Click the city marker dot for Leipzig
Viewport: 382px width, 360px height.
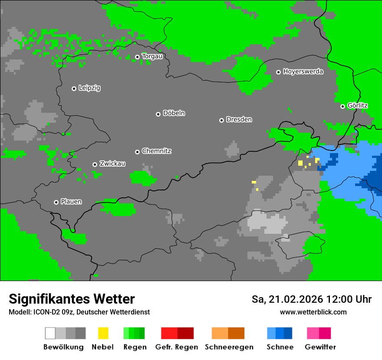tap(74, 88)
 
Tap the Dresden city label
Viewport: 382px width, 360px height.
tap(239, 119)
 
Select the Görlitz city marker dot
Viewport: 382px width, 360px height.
tap(342, 106)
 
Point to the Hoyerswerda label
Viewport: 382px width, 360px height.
tap(303, 72)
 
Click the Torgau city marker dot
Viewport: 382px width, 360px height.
tap(137, 57)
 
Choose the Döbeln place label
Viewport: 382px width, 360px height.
tap(174, 113)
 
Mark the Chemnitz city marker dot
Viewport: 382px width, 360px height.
tap(137, 152)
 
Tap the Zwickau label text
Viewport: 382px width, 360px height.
tap(112, 164)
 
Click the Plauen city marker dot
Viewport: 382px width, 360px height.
tap(56, 202)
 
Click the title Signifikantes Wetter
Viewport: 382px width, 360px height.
tap(72, 299)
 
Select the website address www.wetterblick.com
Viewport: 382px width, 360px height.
tap(313, 312)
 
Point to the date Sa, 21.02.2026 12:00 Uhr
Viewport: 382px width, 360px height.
tap(311, 299)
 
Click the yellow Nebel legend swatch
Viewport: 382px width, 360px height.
tap(103, 333)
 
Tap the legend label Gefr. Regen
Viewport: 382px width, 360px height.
tap(177, 347)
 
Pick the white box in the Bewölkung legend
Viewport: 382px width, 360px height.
tap(50, 333)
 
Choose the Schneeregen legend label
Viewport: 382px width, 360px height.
tap(229, 347)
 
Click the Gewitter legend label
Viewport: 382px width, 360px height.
tap(320, 347)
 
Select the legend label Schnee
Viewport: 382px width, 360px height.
tap(280, 347)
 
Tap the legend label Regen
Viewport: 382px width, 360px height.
tap(135, 347)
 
